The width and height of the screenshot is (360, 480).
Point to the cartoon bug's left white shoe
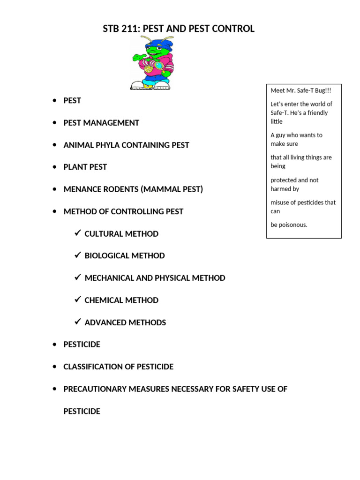(x=138, y=85)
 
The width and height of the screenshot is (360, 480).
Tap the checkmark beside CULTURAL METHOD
(x=78, y=233)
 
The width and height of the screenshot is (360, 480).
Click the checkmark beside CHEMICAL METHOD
(x=78, y=300)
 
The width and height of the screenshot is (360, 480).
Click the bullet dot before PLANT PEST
(x=54, y=167)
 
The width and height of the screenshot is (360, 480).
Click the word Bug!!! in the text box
(x=321, y=90)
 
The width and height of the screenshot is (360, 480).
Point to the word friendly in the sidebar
(x=317, y=112)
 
